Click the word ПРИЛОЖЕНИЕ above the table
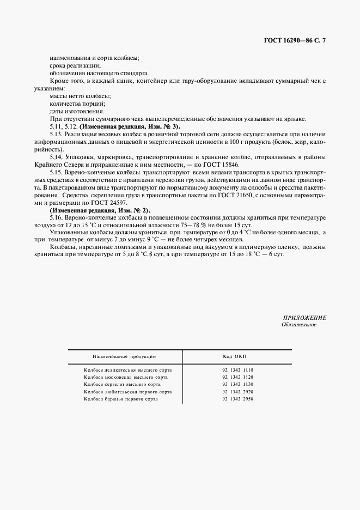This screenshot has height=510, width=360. coord(304,318)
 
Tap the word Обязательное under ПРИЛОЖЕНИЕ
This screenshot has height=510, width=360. coord(299,325)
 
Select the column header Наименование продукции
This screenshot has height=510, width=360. coord(124,356)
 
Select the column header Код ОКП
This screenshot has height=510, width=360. coord(235,356)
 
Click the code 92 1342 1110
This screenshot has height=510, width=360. coord(238,370)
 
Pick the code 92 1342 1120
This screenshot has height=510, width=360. coord(238,377)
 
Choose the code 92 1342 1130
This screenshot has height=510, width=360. coord(238,384)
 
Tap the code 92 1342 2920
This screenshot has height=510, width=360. coord(238,392)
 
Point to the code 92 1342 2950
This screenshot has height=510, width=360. coord(238,399)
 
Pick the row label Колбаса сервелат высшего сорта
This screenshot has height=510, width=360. coord(122,384)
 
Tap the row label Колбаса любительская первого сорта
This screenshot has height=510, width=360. coord(128,392)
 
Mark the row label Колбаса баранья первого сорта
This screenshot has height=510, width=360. coord(121,399)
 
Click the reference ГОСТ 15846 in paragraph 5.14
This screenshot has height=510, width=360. coord(228,164)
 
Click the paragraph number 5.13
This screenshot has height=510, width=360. coord(55,133)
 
